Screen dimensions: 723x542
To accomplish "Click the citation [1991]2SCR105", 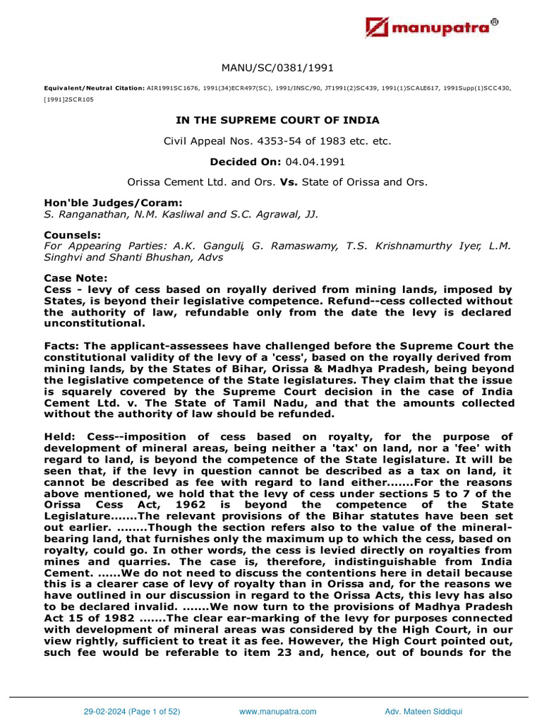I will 69,100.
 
